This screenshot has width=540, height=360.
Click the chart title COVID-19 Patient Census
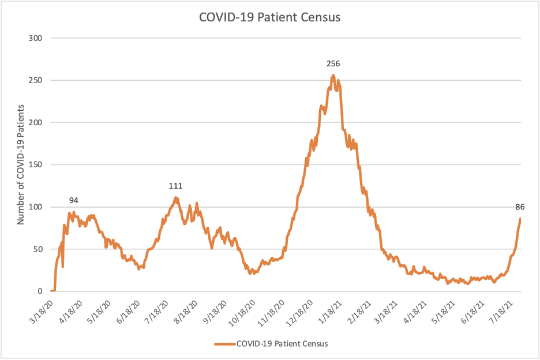pyautogui.click(x=270, y=17)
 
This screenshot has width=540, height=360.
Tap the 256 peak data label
pyautogui.click(x=333, y=63)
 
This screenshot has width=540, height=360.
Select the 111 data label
pyautogui.click(x=175, y=186)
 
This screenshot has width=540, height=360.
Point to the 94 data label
pyautogui.click(x=74, y=200)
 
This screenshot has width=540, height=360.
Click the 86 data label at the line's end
pyautogui.click(x=520, y=207)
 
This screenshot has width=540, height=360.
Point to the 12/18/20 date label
pyautogui.click(x=302, y=311)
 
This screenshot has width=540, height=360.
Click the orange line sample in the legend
pyautogui.click(x=224, y=344)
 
